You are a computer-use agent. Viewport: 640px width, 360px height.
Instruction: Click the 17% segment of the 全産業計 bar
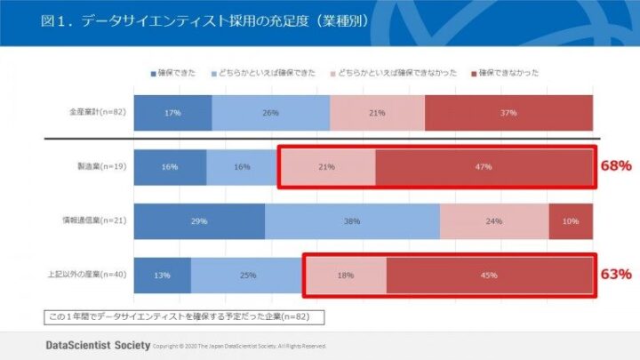click(x=172, y=113)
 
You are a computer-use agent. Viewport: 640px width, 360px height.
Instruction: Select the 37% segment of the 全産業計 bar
click(x=508, y=113)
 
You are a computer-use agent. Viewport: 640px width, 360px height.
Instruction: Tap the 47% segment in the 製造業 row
click(x=484, y=167)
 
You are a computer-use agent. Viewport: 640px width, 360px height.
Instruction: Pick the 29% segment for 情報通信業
click(x=199, y=221)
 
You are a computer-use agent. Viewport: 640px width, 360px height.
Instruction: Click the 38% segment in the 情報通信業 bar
click(x=352, y=221)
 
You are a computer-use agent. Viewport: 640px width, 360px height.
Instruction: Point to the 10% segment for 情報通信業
click(x=571, y=221)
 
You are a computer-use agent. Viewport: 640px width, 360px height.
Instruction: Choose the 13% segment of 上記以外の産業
click(x=162, y=276)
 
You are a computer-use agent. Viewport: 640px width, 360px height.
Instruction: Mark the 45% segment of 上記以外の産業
click(x=489, y=276)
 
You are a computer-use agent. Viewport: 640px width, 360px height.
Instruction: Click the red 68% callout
click(x=615, y=166)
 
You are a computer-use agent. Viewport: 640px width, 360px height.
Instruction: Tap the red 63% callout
click(x=615, y=275)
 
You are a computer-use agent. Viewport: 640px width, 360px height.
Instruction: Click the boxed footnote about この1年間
click(x=183, y=316)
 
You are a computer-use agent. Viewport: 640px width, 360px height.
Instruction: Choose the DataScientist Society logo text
click(x=97, y=344)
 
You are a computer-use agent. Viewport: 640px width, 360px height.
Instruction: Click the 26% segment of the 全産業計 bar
click(x=271, y=113)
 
